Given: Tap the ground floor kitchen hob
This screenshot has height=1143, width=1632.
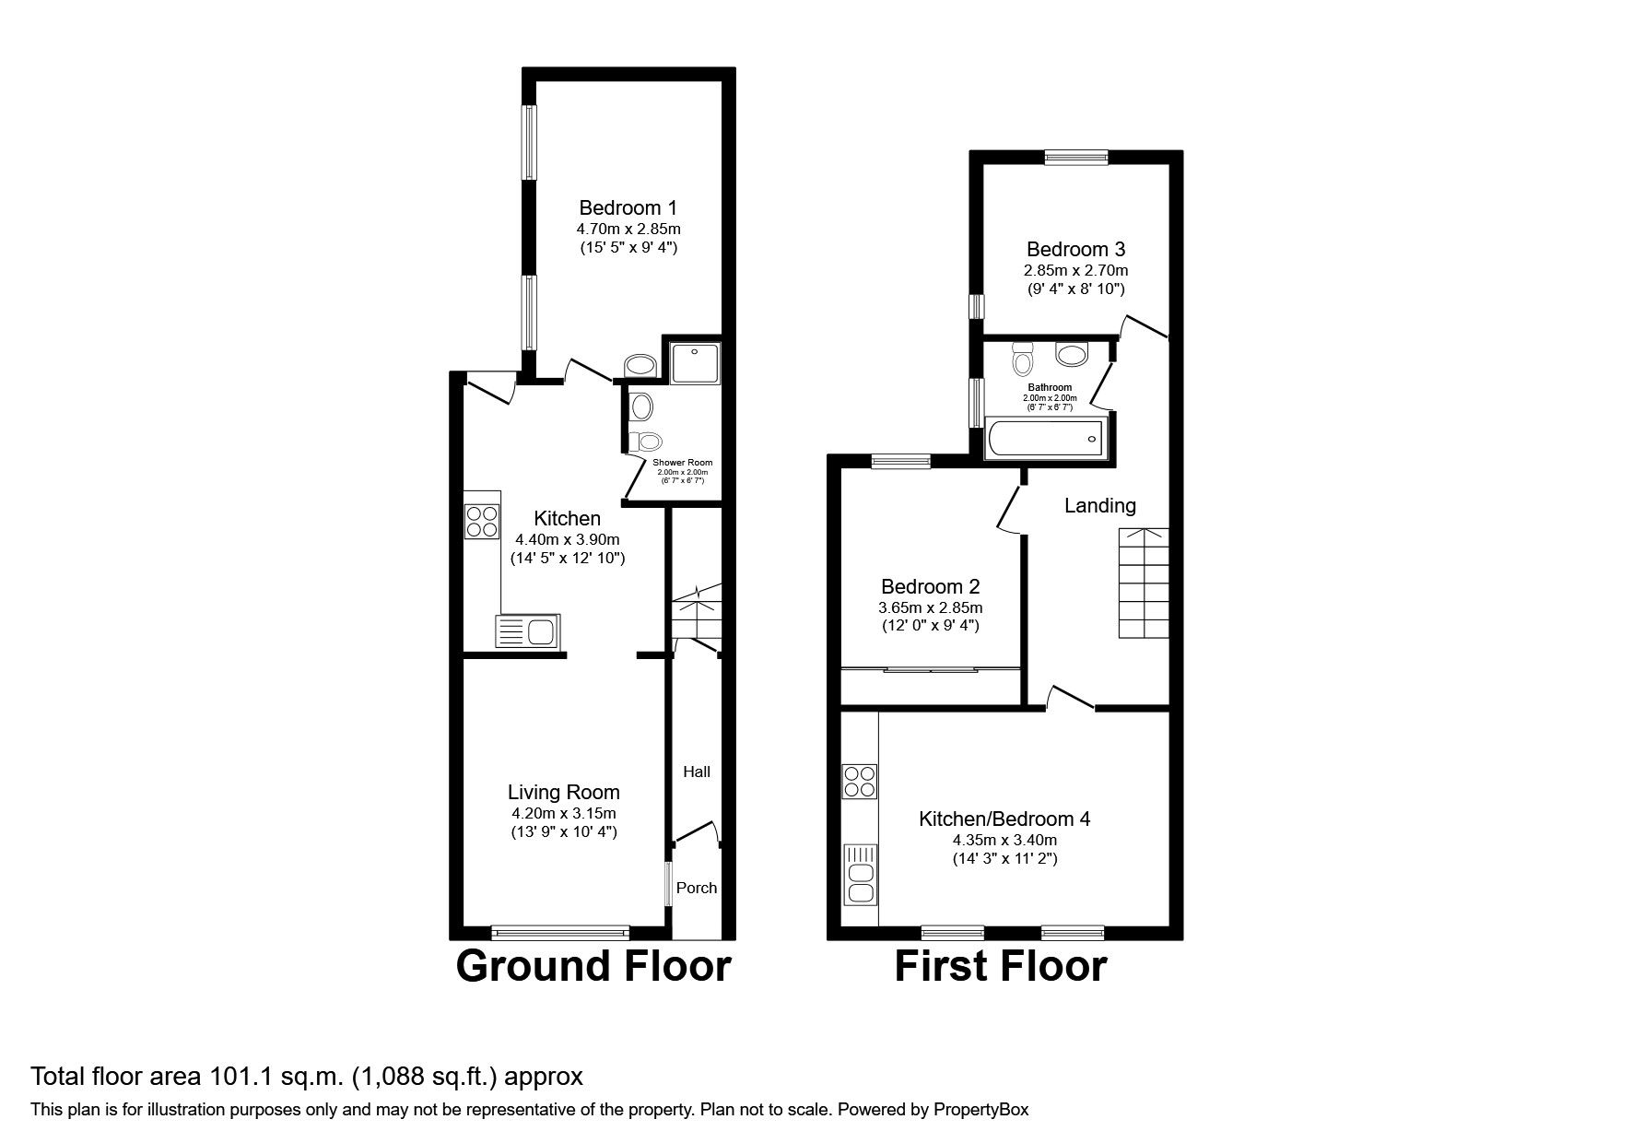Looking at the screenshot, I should click(482, 521).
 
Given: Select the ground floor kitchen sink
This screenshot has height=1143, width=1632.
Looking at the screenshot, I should click(526, 632).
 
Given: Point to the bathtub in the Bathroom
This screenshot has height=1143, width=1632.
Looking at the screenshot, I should click(1044, 439).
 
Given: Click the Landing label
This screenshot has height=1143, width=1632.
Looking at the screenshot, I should click(1099, 505).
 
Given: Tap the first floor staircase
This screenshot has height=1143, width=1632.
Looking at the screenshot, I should click(1144, 583).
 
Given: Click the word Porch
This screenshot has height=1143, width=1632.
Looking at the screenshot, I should click(696, 888).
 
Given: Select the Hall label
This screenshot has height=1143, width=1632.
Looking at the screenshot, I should click(696, 772).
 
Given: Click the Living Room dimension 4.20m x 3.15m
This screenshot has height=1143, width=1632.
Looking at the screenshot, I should click(563, 813).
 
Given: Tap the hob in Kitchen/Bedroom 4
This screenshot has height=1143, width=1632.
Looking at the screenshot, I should click(859, 782).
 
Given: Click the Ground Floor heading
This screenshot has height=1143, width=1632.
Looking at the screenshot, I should click(593, 966).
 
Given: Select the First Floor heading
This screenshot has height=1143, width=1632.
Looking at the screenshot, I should click(1000, 966).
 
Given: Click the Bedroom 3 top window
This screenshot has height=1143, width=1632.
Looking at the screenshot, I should click(1076, 158).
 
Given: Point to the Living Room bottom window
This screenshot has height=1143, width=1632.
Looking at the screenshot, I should click(560, 931).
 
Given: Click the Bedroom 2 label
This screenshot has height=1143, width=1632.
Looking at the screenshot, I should click(930, 586).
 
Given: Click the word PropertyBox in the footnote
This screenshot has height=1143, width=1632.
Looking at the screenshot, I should click(980, 1110).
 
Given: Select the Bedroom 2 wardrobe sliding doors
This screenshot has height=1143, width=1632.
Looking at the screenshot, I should click(930, 670).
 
